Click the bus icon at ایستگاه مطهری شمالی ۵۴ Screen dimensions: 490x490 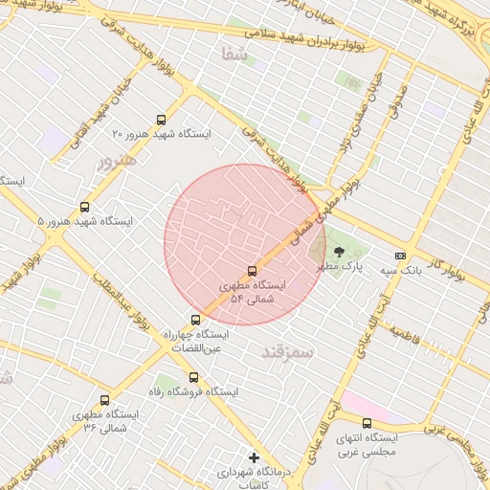click(x=252, y=271)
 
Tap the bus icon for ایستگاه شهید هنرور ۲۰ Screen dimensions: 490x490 click(x=161, y=121)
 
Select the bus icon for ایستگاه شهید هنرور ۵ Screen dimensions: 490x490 click(x=85, y=207)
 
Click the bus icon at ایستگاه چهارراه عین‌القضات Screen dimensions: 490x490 click(x=195, y=320)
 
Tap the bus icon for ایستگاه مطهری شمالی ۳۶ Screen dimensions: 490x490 click(x=104, y=399)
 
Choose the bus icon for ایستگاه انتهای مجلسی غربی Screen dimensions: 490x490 click(x=367, y=422)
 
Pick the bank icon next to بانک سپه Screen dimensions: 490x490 click(x=400, y=256)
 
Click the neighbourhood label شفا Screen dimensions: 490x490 click(x=234, y=55)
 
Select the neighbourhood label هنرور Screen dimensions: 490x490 click(x=117, y=160)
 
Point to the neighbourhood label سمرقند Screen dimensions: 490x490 click(x=286, y=353)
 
